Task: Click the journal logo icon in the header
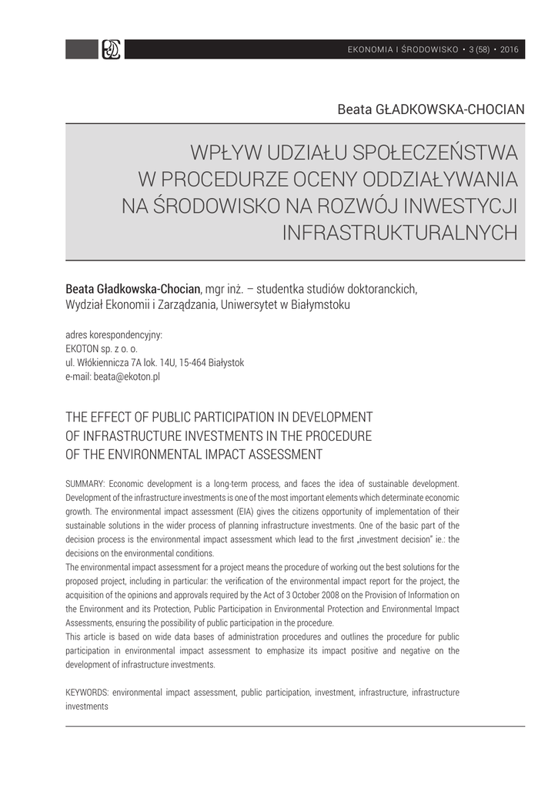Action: tap(112, 50)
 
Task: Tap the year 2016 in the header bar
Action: tap(510, 50)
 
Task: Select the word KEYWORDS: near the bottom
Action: tap(88, 692)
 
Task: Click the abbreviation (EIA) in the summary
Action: tap(247, 511)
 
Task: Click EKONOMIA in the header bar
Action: tap(369, 50)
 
